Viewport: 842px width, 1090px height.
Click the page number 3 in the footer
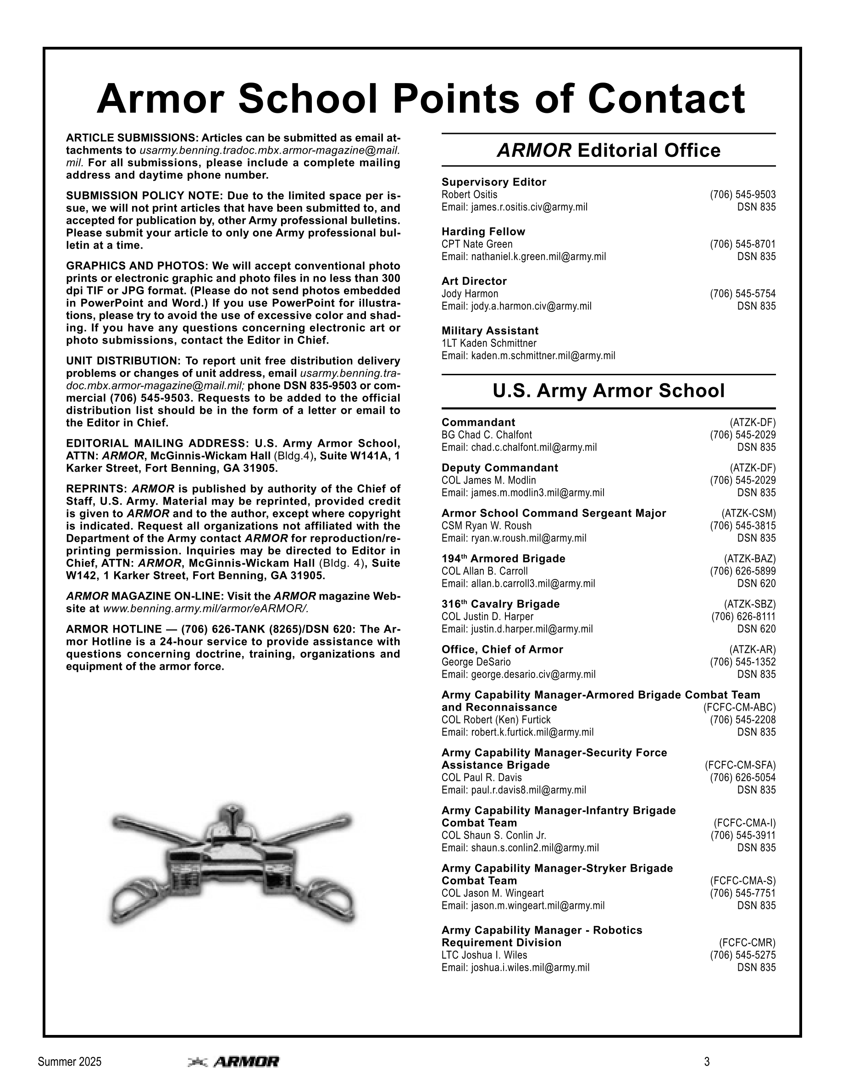pyautogui.click(x=707, y=1062)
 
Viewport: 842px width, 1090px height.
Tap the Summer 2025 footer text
pyautogui.click(x=69, y=1062)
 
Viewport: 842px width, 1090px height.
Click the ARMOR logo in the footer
pyautogui.click(x=233, y=1062)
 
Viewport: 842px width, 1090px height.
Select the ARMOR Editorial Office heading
pyautogui.click(x=609, y=150)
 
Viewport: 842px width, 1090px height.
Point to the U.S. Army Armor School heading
pyautogui.click(x=609, y=390)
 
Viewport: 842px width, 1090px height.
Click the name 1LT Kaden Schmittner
pyautogui.click(x=489, y=343)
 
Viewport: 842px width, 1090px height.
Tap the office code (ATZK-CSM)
pyautogui.click(x=748, y=513)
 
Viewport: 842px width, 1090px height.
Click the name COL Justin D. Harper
pyautogui.click(x=487, y=617)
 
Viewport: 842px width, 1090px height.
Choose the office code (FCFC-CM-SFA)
pyautogui.click(x=740, y=765)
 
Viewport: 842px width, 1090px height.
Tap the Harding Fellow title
pyautogui.click(x=483, y=232)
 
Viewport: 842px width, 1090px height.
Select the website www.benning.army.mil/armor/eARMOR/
pyautogui.click(x=205, y=609)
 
